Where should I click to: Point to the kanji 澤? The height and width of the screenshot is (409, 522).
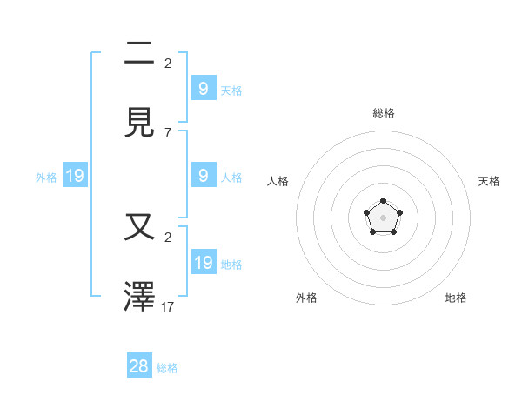pos(140,296)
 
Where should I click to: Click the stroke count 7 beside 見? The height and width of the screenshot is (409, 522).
pos(168,132)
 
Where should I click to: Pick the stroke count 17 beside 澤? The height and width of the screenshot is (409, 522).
pos(168,306)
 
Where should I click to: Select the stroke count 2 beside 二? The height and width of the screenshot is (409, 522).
pos(168,63)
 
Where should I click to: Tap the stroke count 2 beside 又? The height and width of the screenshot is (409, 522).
pos(168,237)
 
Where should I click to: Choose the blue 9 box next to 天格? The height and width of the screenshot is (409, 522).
pos(204,88)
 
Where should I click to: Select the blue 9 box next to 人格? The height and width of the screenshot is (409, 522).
pos(204,175)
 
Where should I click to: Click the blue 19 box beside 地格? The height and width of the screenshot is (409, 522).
pos(204,262)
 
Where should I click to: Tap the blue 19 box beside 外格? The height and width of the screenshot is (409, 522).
pos(75,176)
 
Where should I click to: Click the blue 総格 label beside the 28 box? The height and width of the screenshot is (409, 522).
pos(167,368)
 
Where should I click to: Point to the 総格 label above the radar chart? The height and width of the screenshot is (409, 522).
pos(384,113)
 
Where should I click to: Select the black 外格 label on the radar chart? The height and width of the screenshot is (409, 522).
pos(306,298)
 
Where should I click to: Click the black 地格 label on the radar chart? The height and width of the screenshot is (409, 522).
pos(456,298)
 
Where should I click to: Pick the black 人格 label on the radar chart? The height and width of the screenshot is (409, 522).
pos(278,181)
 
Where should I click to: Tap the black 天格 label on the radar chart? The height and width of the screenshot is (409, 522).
pos(489,181)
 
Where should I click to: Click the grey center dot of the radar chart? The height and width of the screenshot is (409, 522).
pos(384,218)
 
